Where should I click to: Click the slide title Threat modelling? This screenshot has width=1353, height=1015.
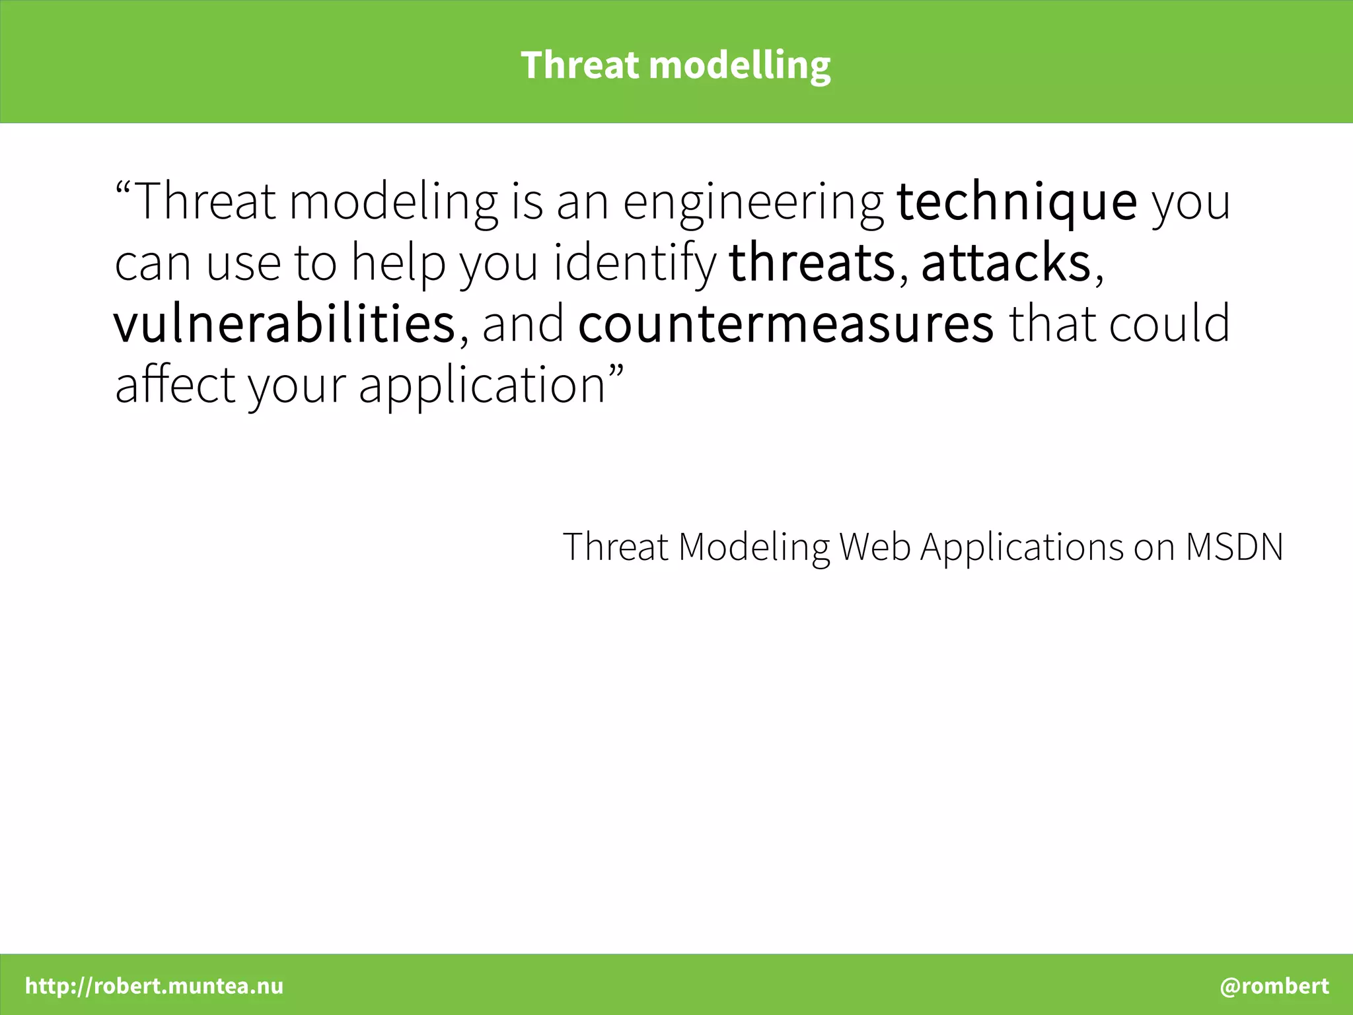(675, 65)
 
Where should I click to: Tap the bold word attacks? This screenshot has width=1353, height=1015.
(1006, 263)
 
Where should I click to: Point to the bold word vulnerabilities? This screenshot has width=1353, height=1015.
(284, 324)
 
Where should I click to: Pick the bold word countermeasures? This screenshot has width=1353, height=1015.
(786, 324)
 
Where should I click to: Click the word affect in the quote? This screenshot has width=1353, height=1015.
(175, 384)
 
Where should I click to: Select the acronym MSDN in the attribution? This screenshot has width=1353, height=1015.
(1233, 547)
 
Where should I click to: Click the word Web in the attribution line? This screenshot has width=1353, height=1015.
(875, 547)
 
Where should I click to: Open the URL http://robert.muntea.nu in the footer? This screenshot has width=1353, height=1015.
(154, 986)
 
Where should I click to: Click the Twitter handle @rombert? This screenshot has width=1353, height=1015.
(1274, 986)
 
